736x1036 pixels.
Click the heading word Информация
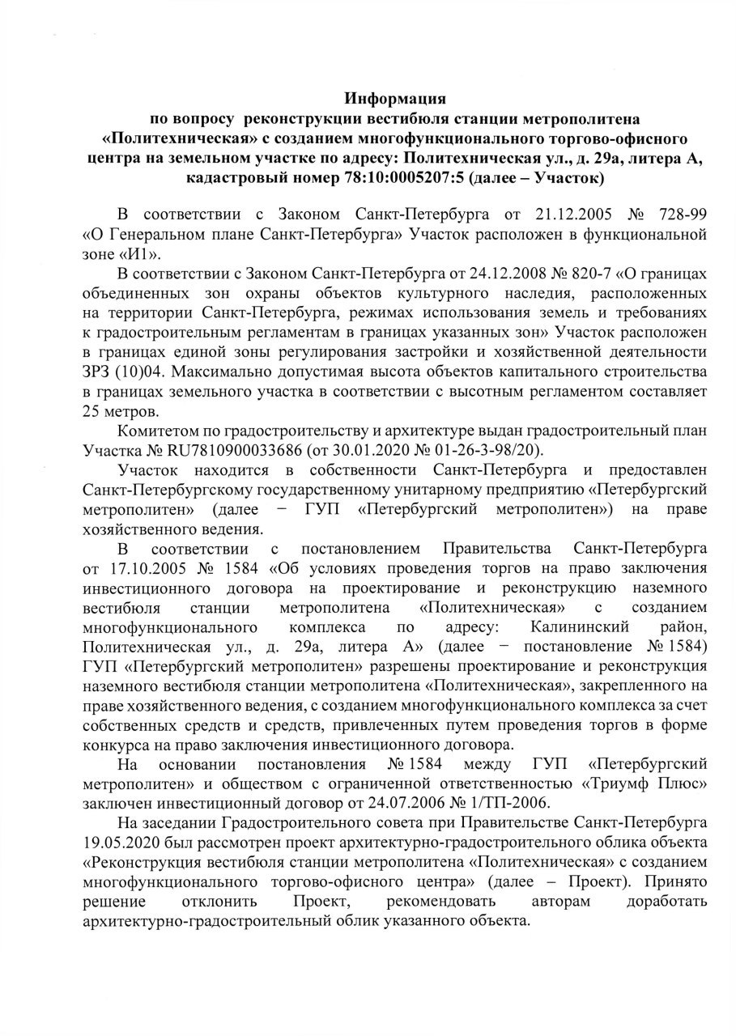coord(396,100)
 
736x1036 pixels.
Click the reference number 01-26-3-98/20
coord(496,449)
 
